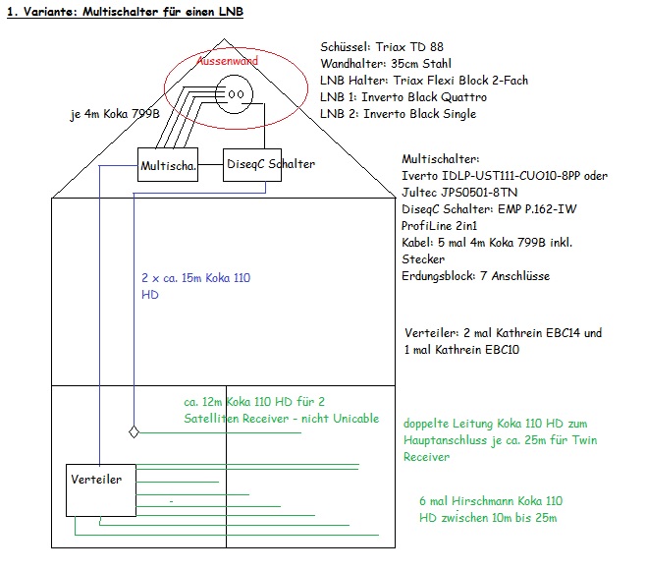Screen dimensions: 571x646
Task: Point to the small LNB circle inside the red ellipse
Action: point(236,95)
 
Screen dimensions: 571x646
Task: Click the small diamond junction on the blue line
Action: point(135,430)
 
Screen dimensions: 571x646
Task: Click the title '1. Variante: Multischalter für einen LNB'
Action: point(125,13)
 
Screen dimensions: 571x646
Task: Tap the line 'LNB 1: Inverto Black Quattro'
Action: point(404,97)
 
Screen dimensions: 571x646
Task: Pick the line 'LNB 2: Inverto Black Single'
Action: point(398,114)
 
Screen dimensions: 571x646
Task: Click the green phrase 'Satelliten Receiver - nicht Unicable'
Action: point(281,418)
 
